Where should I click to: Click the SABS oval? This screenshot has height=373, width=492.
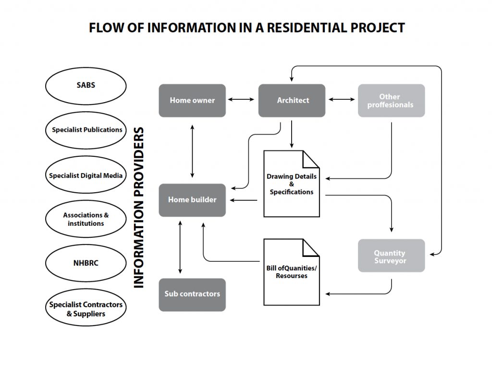tap(86, 86)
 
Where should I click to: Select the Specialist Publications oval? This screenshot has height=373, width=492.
tap(86, 130)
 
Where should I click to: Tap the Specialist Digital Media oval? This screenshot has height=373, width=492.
tap(86, 175)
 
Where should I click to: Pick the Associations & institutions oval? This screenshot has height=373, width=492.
tap(86, 219)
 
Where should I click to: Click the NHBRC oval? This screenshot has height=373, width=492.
tap(86, 263)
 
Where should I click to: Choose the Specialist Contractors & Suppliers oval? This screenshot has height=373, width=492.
tap(86, 307)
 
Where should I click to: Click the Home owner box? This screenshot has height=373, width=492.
tap(192, 101)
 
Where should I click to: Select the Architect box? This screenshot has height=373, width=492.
tap(292, 101)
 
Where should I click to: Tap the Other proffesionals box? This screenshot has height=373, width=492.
tap(391, 101)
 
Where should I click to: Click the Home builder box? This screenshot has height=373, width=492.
tap(192, 200)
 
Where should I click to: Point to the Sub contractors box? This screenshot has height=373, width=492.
tap(192, 295)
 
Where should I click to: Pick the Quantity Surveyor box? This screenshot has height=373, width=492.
tap(391, 256)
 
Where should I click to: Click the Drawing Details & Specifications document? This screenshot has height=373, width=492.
tap(292, 184)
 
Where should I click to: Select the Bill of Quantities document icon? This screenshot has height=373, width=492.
tap(292, 272)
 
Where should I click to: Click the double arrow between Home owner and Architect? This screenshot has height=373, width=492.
tap(241, 100)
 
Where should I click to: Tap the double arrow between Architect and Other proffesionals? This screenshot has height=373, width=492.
tap(342, 100)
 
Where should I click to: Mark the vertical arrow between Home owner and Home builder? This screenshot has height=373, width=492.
tap(192, 152)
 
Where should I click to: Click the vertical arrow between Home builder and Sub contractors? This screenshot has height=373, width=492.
tap(180, 247)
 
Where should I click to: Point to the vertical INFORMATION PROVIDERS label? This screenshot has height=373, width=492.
tap(138, 207)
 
